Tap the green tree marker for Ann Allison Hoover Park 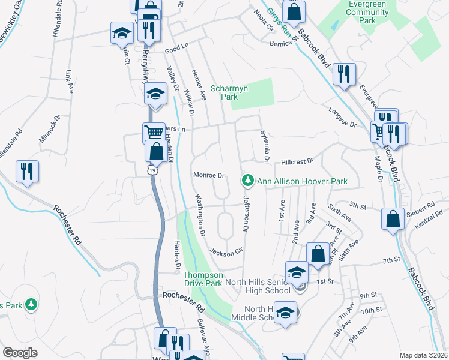tap(247, 180)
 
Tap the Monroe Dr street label tap(208, 176)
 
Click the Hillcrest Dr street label tap(298, 161)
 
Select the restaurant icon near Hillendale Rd tap(27, 171)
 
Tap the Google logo tap(20, 353)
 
